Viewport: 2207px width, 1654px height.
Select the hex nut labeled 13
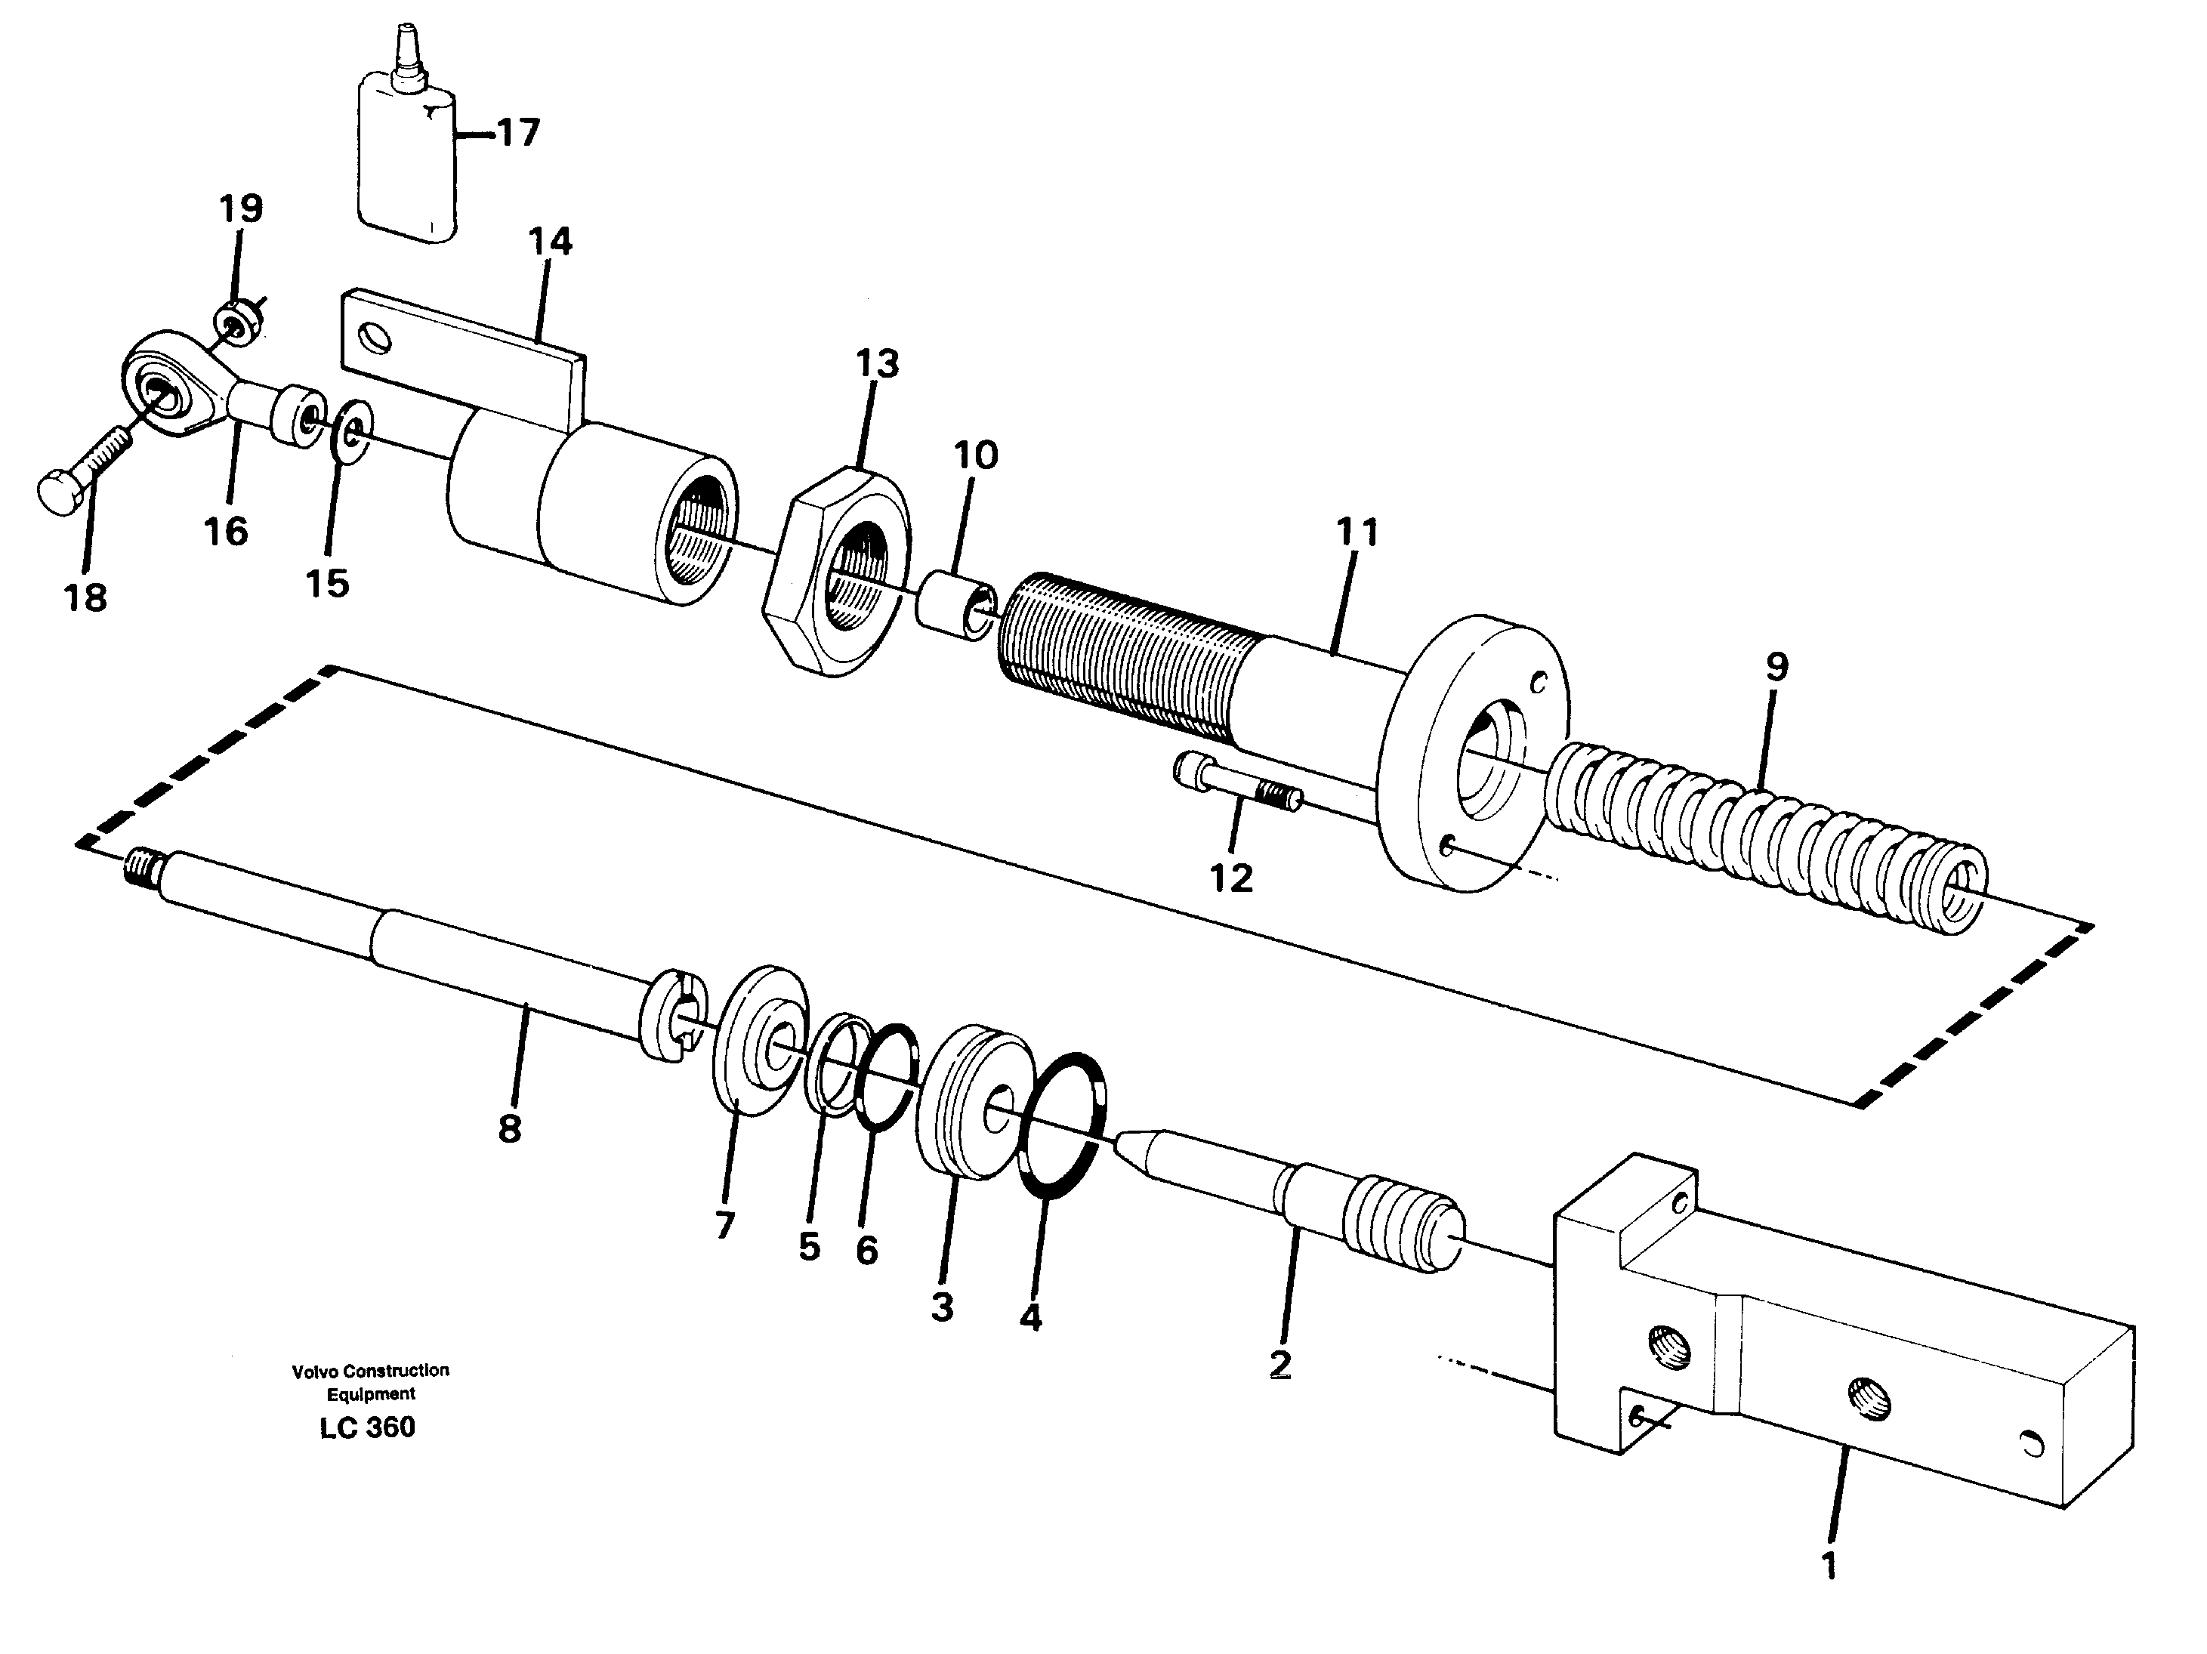click(x=838, y=572)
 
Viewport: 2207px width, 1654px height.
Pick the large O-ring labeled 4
click(x=1062, y=1123)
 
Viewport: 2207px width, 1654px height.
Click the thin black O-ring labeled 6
click(x=886, y=1078)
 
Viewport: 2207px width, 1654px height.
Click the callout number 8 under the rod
click(x=509, y=1129)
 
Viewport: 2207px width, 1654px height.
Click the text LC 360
click(x=367, y=1427)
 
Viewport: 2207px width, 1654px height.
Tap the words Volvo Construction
click(x=370, y=1371)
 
